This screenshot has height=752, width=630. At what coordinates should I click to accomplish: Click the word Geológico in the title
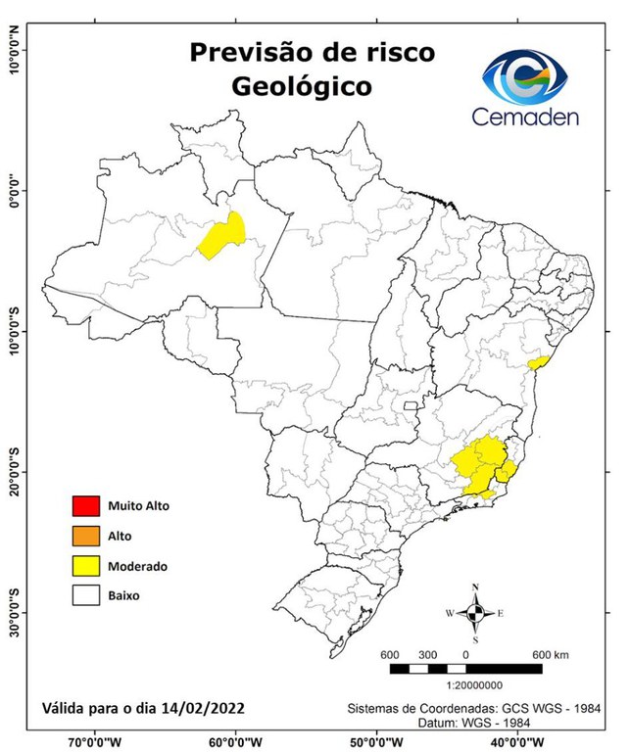tap(301, 86)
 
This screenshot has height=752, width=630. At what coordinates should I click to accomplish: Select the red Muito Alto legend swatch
tap(85, 506)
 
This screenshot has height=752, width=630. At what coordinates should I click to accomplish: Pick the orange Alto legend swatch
tap(85, 536)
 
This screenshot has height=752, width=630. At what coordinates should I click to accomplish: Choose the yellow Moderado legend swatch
tap(85, 565)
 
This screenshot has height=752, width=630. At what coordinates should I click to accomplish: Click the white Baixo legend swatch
tap(85, 594)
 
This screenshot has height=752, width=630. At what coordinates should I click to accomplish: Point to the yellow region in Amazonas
tap(222, 236)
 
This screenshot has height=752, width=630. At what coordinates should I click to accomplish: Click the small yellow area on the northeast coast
tap(537, 362)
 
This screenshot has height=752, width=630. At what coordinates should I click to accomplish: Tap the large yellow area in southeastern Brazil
tap(483, 465)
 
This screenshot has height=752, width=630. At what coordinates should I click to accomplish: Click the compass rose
tap(475, 613)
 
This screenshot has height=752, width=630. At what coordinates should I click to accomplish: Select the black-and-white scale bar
tap(465, 669)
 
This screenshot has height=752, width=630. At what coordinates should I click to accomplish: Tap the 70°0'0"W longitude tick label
tap(95, 741)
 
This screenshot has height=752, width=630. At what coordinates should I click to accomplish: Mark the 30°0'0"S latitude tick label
tap(14, 612)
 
